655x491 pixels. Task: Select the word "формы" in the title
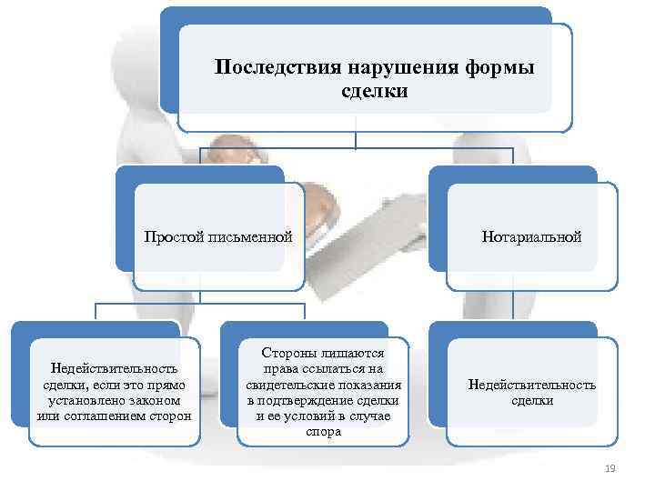click(499, 68)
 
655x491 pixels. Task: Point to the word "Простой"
click(176, 237)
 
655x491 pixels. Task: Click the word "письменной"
click(251, 237)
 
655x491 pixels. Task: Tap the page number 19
click(610, 468)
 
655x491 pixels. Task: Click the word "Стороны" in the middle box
click(290, 352)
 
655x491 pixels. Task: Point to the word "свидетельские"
click(287, 385)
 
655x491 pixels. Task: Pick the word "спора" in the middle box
click(324, 432)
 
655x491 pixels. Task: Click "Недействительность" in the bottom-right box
click(531, 385)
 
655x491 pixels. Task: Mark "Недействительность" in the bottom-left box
click(114, 368)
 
